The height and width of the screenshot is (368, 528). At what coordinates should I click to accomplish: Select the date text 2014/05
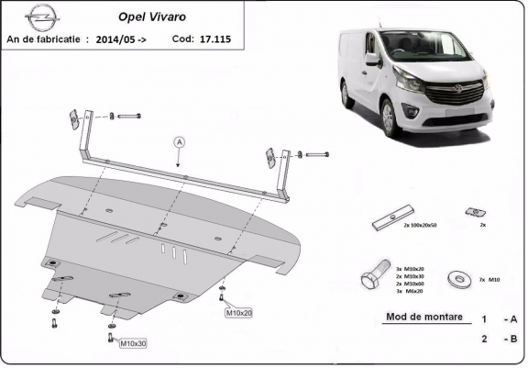tap(120, 40)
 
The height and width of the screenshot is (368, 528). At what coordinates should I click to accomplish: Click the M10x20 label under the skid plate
tap(239, 313)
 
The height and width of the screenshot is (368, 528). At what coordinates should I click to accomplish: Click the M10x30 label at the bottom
tap(134, 343)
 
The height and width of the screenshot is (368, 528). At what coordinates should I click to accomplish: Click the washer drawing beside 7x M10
tap(456, 276)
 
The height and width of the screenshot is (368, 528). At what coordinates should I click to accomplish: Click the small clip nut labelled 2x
tap(474, 212)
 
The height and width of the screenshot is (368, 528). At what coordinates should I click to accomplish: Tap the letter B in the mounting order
tap(511, 339)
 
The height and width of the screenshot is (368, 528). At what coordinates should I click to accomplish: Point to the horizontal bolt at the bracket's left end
tap(128, 116)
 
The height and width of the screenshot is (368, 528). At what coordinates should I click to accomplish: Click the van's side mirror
tap(372, 60)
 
